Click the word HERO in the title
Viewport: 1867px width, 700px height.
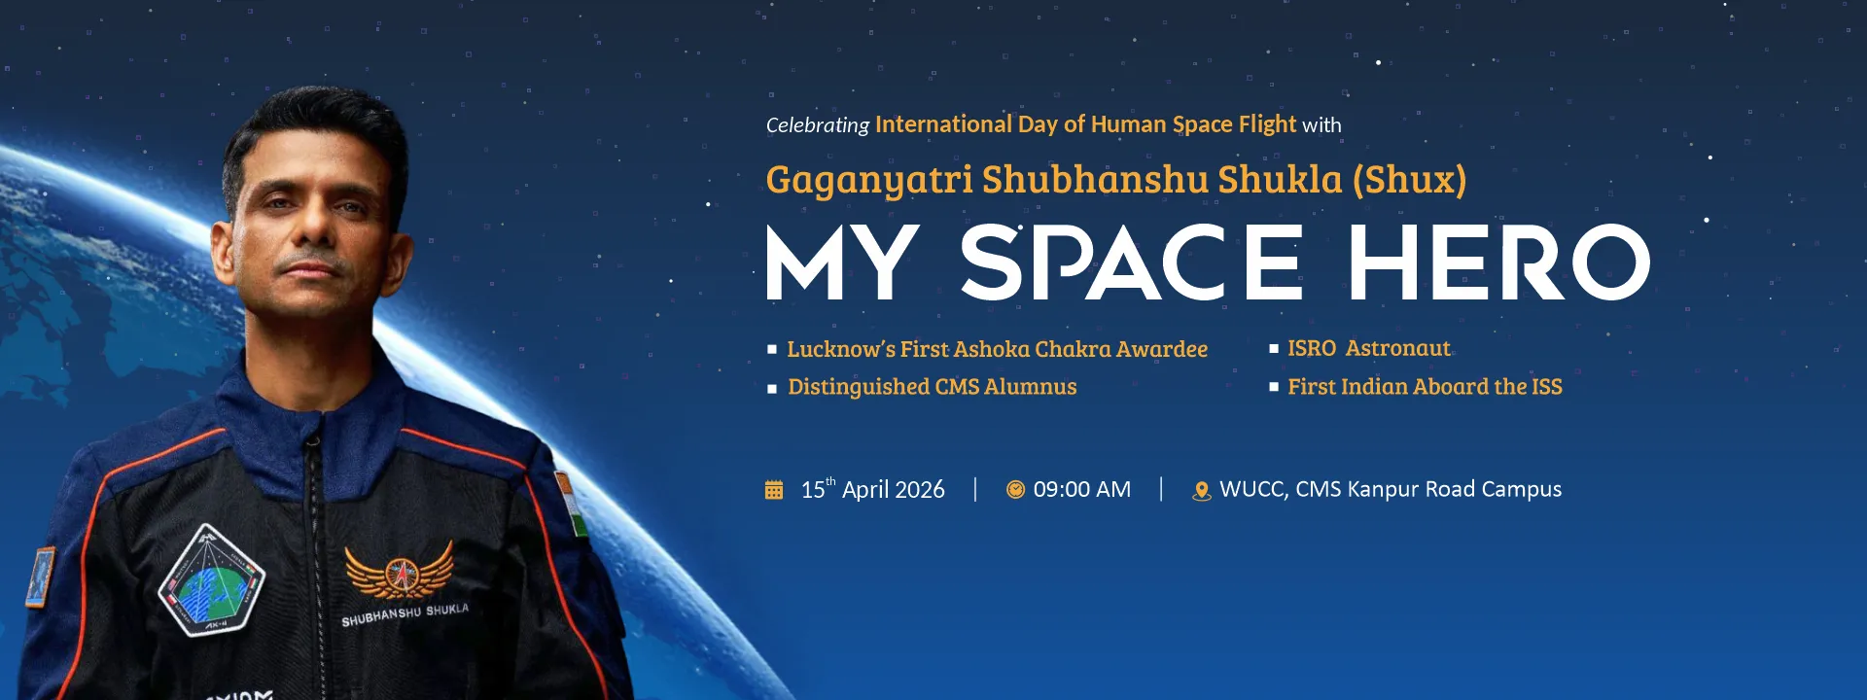(x=1498, y=262)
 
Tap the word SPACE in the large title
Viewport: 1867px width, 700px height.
(x=1131, y=262)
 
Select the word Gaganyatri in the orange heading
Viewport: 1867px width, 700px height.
(x=869, y=181)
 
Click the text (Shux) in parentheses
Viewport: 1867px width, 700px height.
(x=1409, y=180)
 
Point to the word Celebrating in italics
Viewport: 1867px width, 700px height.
(x=817, y=125)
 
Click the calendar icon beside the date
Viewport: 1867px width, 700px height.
(x=774, y=490)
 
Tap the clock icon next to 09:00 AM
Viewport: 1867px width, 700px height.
(x=1015, y=490)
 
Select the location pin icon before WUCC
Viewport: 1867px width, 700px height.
(x=1202, y=491)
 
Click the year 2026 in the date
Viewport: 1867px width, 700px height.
(x=919, y=490)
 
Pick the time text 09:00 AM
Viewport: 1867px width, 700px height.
(x=1082, y=490)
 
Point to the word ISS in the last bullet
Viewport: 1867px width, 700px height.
(x=1546, y=387)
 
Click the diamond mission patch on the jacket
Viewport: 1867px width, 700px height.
(x=212, y=580)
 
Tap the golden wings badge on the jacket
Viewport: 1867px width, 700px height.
(x=400, y=571)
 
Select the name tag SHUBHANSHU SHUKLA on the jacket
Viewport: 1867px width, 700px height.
(x=405, y=614)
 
